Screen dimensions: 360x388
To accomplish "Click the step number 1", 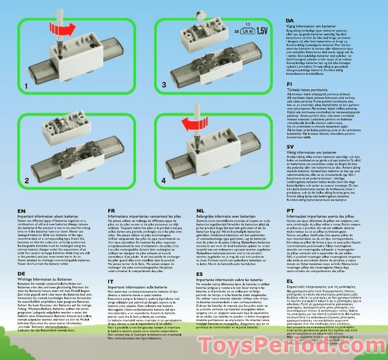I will [x=27, y=86].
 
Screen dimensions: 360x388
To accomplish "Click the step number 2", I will [x=27, y=180].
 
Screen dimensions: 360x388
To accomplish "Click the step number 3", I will [x=164, y=85].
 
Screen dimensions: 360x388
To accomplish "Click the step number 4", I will [x=164, y=180].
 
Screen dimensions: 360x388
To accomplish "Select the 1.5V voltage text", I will [x=265, y=32].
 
